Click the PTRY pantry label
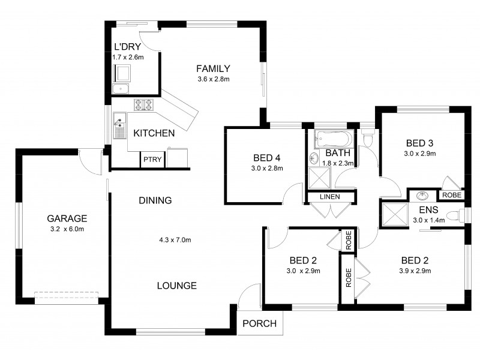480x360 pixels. click(x=149, y=160)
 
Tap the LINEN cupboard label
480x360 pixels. click(x=330, y=197)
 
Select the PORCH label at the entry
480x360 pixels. click(x=260, y=323)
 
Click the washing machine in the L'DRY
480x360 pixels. click(x=124, y=74)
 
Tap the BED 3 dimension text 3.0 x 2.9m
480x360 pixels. click(x=419, y=154)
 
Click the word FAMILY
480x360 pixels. click(x=214, y=68)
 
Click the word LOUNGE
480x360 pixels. click(x=176, y=286)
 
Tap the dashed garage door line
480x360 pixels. click(x=66, y=293)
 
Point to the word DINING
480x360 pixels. click(x=155, y=200)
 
